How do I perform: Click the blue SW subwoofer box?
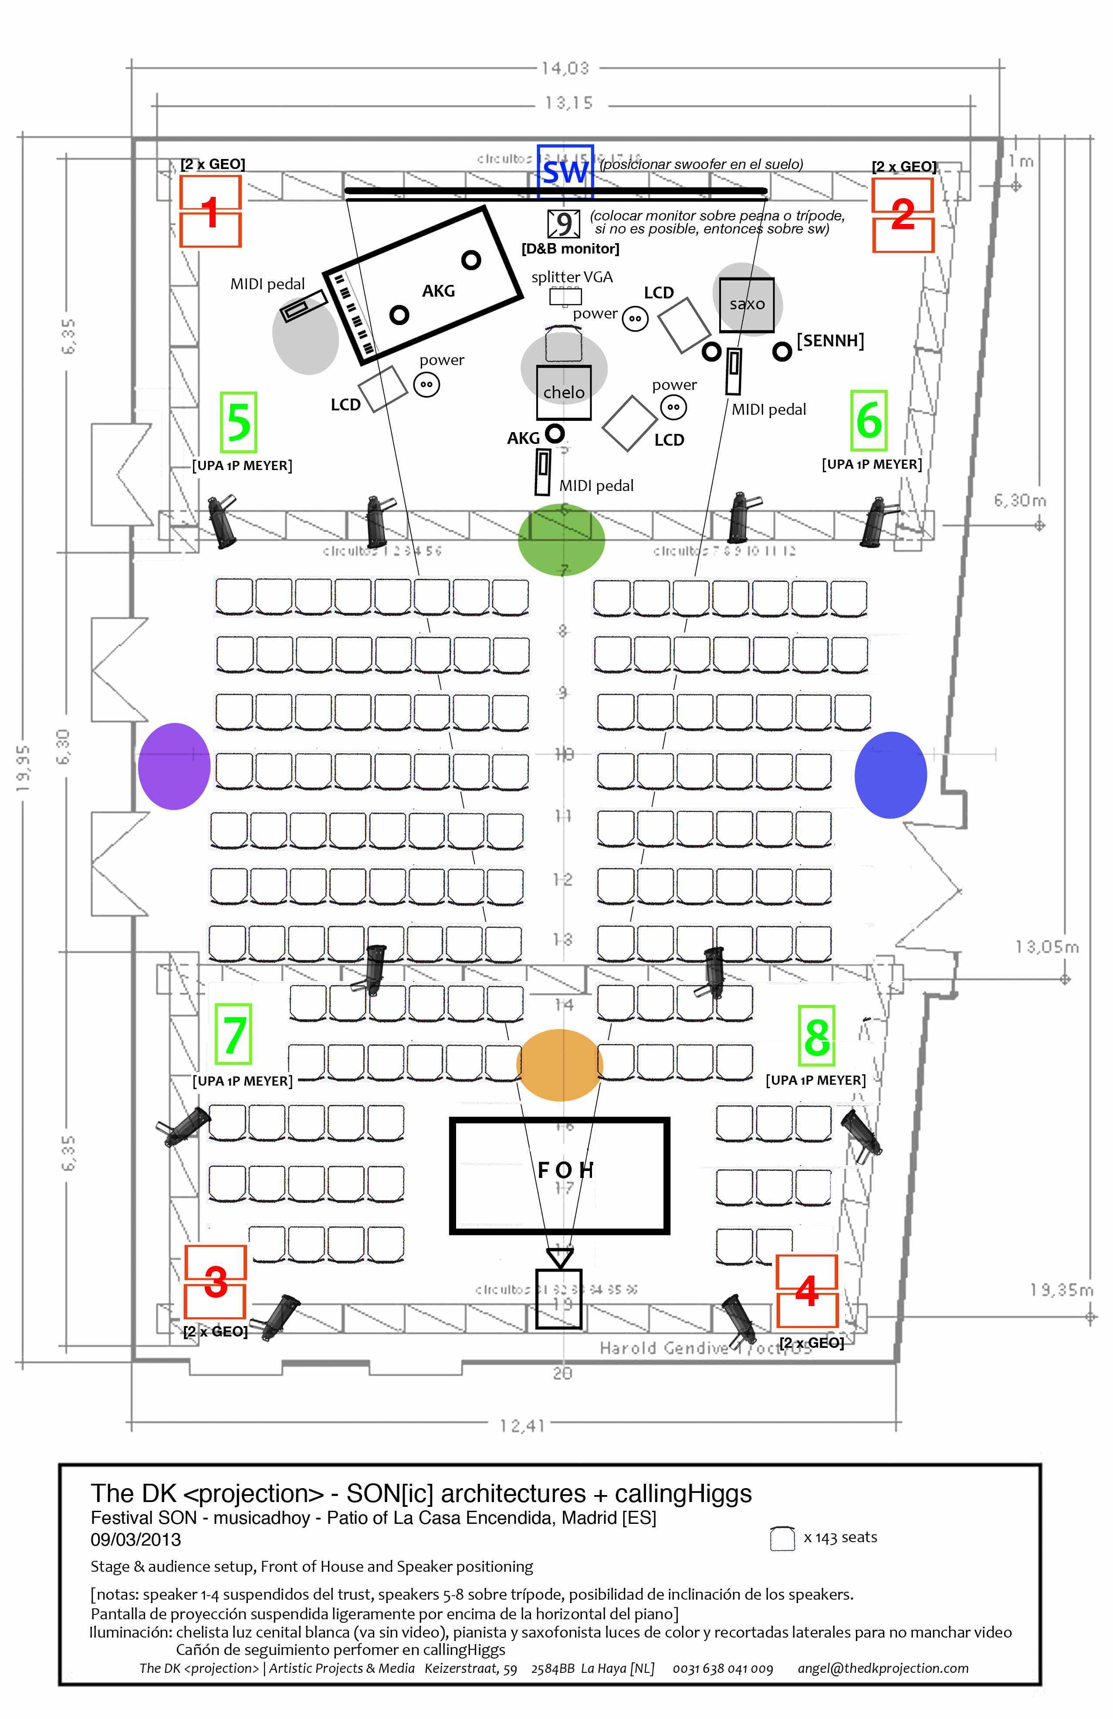(565, 172)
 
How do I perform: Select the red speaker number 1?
(210, 212)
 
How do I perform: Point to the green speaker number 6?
(869, 420)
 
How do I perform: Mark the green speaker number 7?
(233, 1034)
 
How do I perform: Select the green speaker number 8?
(817, 1036)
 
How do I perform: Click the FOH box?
(560, 1175)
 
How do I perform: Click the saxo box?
(747, 304)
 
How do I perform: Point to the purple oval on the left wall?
(174, 765)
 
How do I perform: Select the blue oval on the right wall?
(890, 774)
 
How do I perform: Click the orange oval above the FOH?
(560, 1065)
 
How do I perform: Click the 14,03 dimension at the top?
(565, 69)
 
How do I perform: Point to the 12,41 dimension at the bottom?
(521, 1425)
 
